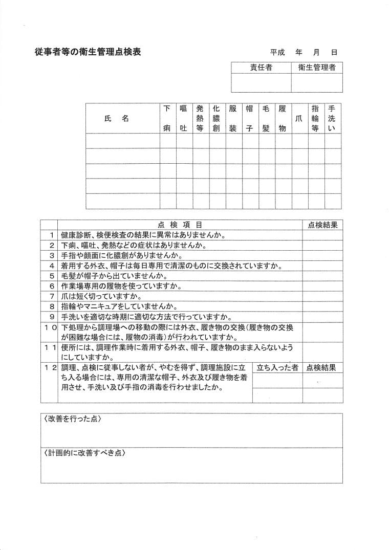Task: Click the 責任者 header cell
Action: pyautogui.click(x=261, y=68)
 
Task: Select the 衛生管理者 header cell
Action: pyautogui.click(x=317, y=68)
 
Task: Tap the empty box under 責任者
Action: pyautogui.click(x=261, y=83)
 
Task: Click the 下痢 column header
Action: pyautogui.click(x=167, y=119)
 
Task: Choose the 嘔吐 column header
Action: pyautogui.click(x=184, y=119)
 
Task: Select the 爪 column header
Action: pyautogui.click(x=299, y=119)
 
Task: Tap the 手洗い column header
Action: pyautogui.click(x=333, y=119)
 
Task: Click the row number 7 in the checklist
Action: pyautogui.click(x=52, y=296)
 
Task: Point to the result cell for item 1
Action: pyautogui.click(x=322, y=235)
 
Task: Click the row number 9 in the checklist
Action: pyautogui.click(x=52, y=317)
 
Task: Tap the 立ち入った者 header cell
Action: pyautogui.click(x=277, y=367)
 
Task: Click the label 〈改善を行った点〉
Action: pyautogui.click(x=73, y=419)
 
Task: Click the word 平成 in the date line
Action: pyautogui.click(x=277, y=52)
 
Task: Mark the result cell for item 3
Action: pyautogui.click(x=322, y=255)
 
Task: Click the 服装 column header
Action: pyautogui.click(x=233, y=119)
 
